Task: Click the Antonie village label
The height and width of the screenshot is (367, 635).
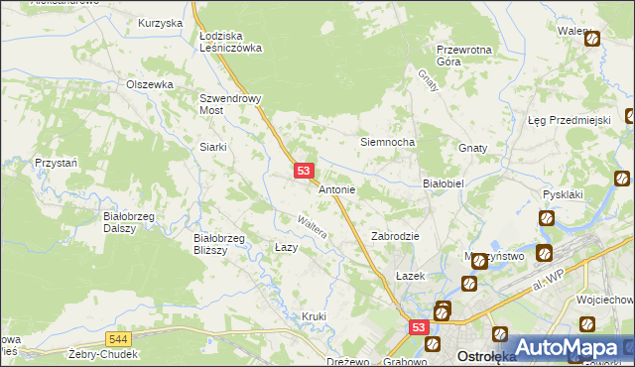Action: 336,189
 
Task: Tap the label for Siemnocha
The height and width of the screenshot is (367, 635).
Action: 386,142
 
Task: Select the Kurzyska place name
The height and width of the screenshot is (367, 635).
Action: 161,22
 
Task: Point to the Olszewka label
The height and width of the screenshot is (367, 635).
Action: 150,84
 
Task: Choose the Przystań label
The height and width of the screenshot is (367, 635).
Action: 55,162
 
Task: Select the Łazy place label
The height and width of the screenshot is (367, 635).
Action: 286,247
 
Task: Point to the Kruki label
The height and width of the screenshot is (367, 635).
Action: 314,316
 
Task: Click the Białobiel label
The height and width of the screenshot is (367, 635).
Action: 444,183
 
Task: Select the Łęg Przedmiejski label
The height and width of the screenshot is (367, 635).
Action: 568,120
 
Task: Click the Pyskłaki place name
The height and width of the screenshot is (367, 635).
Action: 561,194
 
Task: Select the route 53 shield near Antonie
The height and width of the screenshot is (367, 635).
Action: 305,172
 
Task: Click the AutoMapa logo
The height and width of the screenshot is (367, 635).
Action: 568,347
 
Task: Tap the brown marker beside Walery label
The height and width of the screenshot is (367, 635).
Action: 592,40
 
